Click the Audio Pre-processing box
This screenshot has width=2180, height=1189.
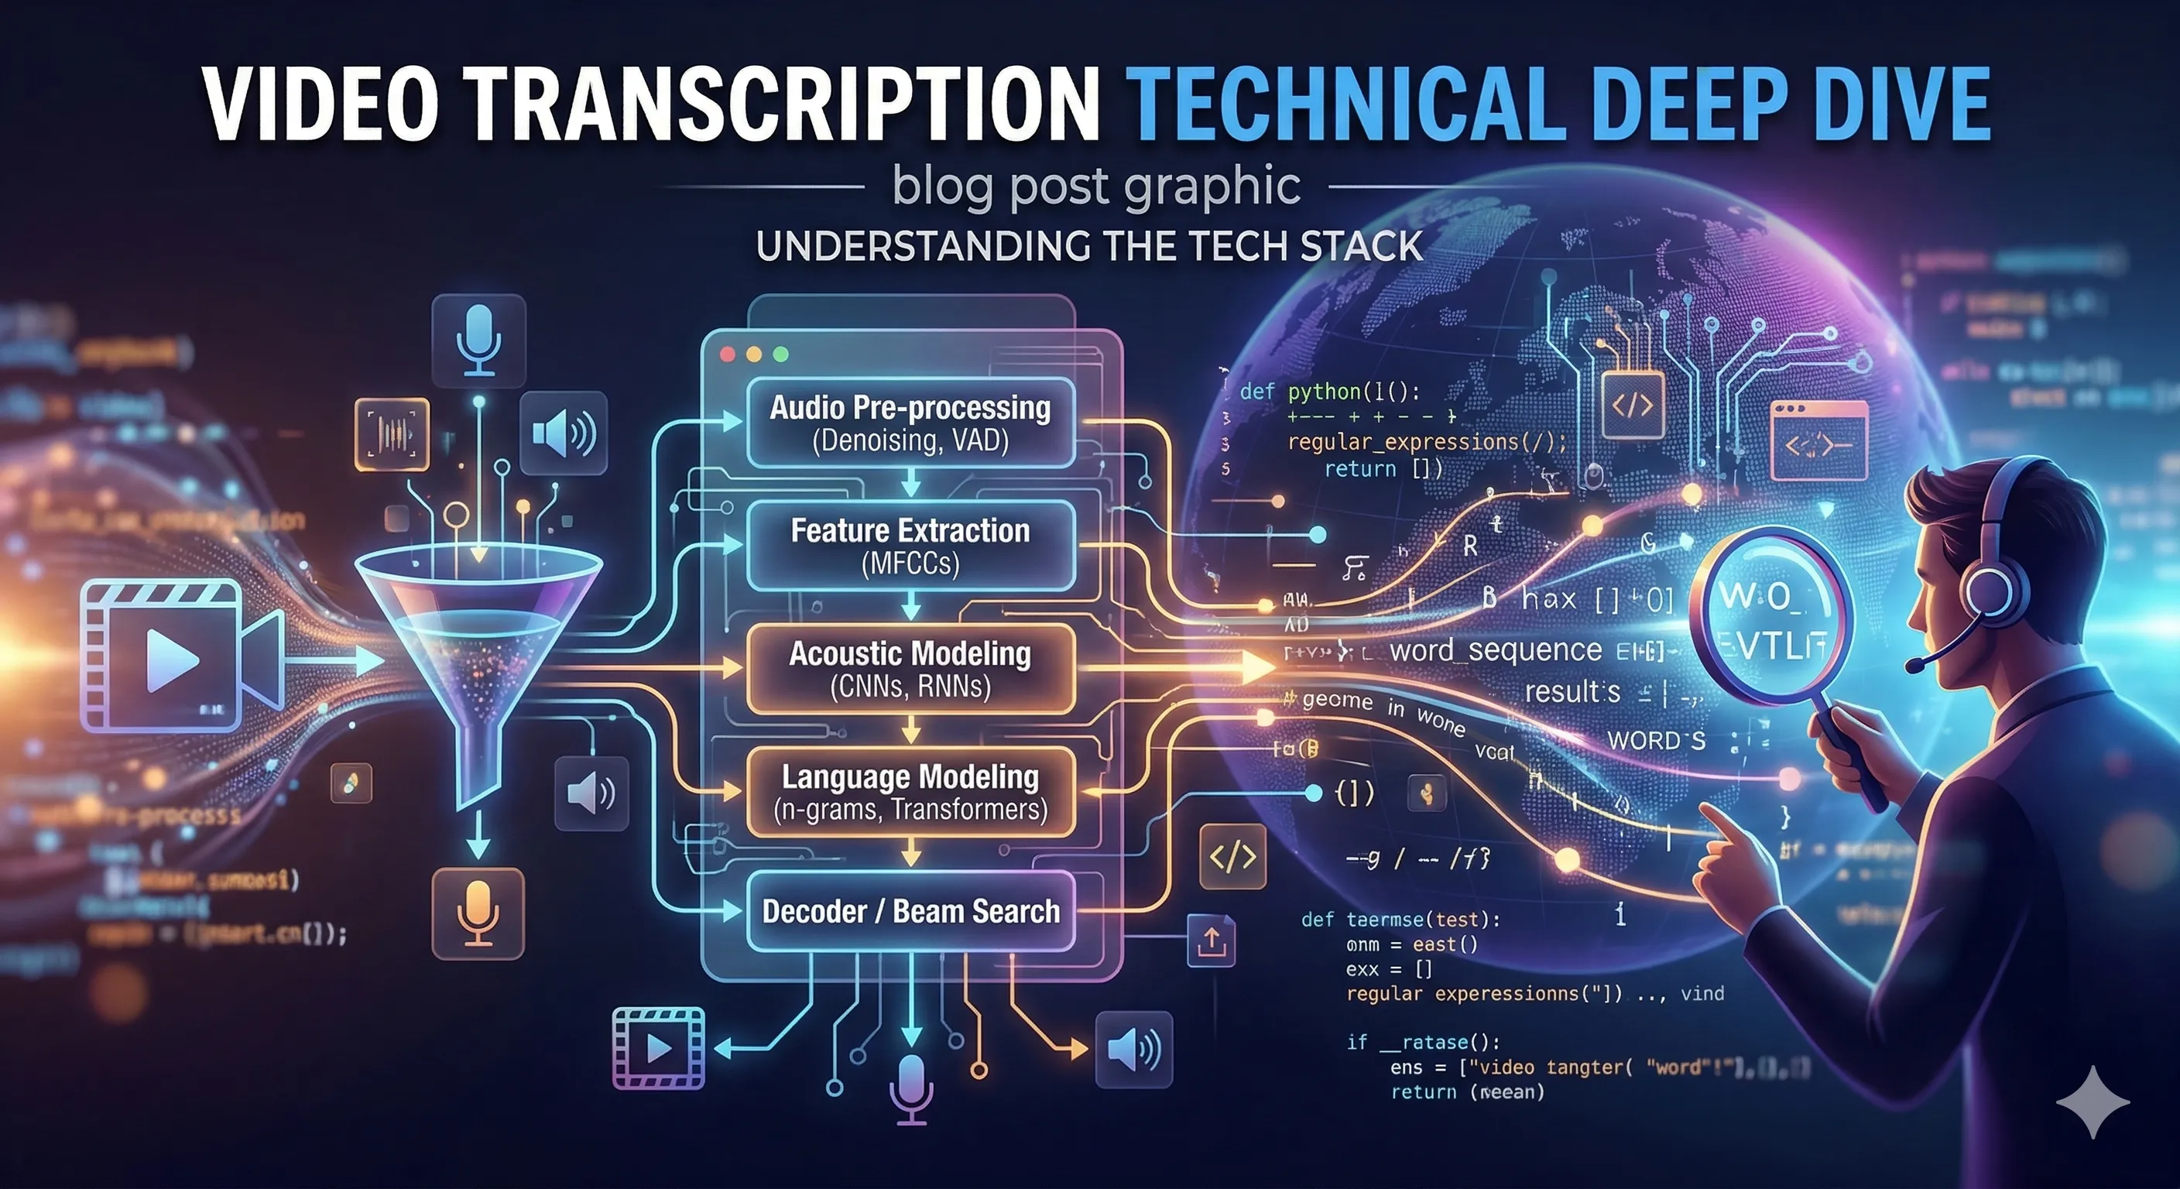tap(910, 423)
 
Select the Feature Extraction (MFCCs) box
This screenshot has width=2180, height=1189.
tap(910, 545)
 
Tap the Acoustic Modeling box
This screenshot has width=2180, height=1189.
tap(910, 669)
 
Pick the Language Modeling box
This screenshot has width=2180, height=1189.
tap(910, 791)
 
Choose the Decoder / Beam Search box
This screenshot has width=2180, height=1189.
tap(910, 911)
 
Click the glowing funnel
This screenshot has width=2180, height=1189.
tap(478, 643)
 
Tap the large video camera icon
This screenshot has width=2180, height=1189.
tap(178, 656)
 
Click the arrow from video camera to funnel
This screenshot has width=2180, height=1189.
tap(334, 660)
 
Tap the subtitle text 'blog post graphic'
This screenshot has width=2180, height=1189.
tap(1096, 187)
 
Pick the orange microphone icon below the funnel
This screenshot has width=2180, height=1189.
tap(478, 913)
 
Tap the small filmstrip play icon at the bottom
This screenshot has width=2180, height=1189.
tap(658, 1047)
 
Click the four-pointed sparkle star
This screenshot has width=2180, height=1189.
tap(2093, 1101)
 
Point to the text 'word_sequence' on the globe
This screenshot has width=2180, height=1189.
tap(1496, 650)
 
